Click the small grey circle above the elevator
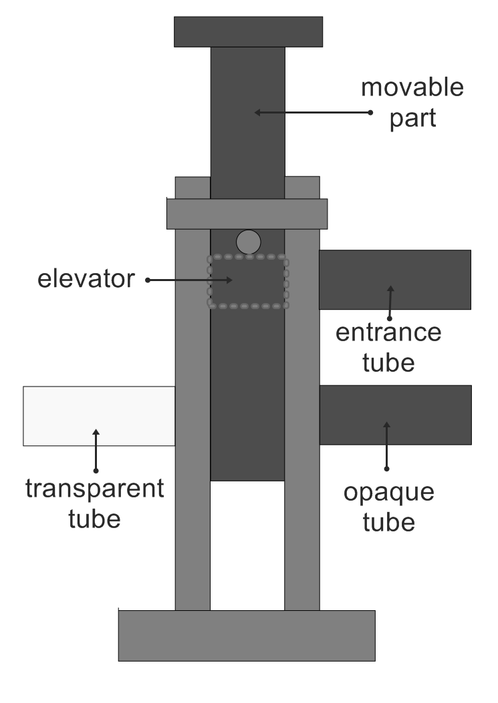click(x=248, y=242)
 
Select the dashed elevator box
click(x=248, y=281)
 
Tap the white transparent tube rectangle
click(x=99, y=415)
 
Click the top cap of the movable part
click(x=248, y=31)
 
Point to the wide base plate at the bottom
click(x=247, y=636)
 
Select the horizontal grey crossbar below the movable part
click(x=247, y=214)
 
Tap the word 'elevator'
click(x=85, y=279)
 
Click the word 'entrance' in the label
click(x=388, y=332)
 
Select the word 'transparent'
click(x=94, y=489)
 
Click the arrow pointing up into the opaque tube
click(x=386, y=444)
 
